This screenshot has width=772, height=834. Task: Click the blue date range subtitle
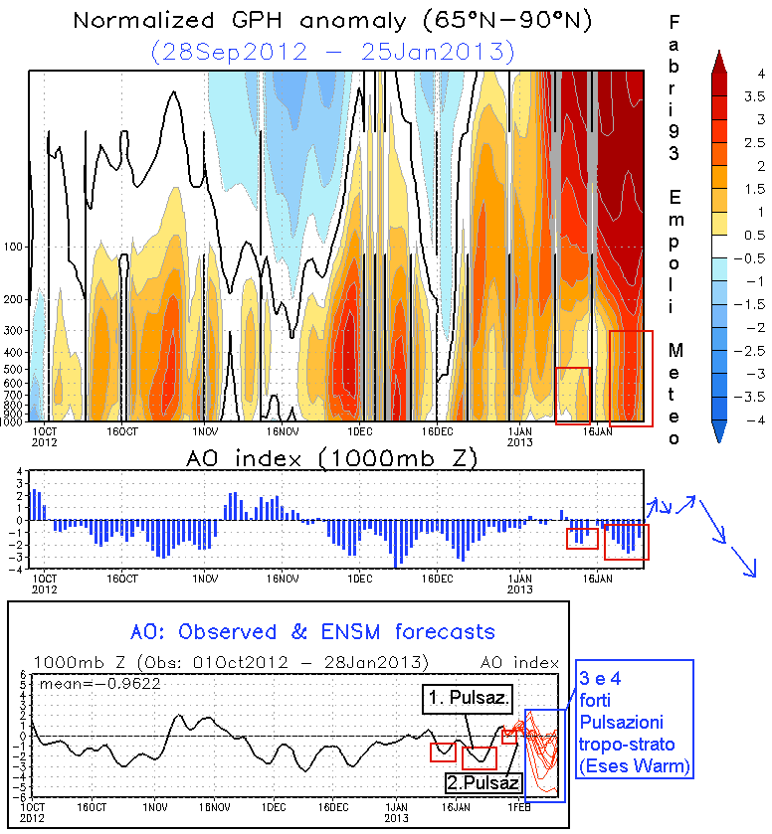point(333,50)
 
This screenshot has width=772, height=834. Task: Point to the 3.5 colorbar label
point(754,96)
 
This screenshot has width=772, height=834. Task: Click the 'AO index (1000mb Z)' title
point(333,459)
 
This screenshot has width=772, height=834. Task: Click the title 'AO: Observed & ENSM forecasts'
point(312,631)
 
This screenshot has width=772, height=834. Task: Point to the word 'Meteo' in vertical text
point(675,393)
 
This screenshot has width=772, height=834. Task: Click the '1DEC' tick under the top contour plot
point(358,432)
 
